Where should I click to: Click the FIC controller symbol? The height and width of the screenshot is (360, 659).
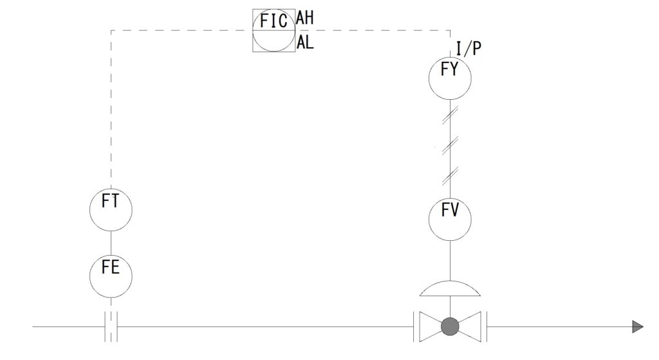click(274, 30)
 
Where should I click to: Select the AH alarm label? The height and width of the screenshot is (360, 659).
click(304, 19)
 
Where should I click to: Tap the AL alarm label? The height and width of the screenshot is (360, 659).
click(304, 43)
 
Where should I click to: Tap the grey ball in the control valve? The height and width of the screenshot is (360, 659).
click(450, 327)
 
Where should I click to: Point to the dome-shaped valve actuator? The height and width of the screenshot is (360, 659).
click(450, 288)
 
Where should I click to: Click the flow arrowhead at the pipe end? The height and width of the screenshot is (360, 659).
click(637, 327)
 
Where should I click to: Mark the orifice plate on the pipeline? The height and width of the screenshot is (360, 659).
click(111, 327)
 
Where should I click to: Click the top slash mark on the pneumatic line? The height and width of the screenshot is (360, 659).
click(450, 115)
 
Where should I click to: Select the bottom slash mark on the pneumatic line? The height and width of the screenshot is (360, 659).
click(450, 173)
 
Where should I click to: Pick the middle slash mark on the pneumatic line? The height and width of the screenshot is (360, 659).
click(450, 144)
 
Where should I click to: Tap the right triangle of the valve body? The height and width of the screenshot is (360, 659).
click(470, 327)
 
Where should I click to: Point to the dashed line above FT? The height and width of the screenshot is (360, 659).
click(111, 109)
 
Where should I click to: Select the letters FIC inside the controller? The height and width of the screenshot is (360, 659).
click(273, 21)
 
